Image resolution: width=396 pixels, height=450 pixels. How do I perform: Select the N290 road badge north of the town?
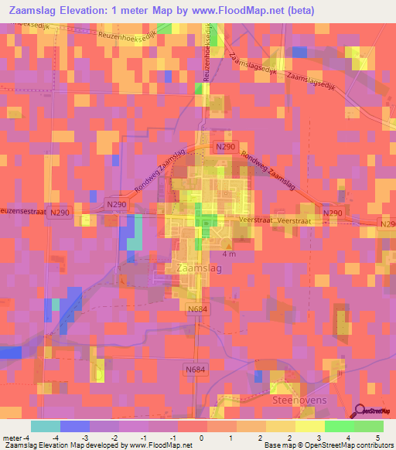click(224, 147)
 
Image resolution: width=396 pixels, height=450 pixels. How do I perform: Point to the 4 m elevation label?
click(229, 254)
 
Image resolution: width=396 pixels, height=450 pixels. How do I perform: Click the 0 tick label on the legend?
click(202, 438)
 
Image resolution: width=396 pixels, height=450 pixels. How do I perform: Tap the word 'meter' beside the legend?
click(12, 438)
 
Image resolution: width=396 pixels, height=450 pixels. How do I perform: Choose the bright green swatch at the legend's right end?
click(369, 426)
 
